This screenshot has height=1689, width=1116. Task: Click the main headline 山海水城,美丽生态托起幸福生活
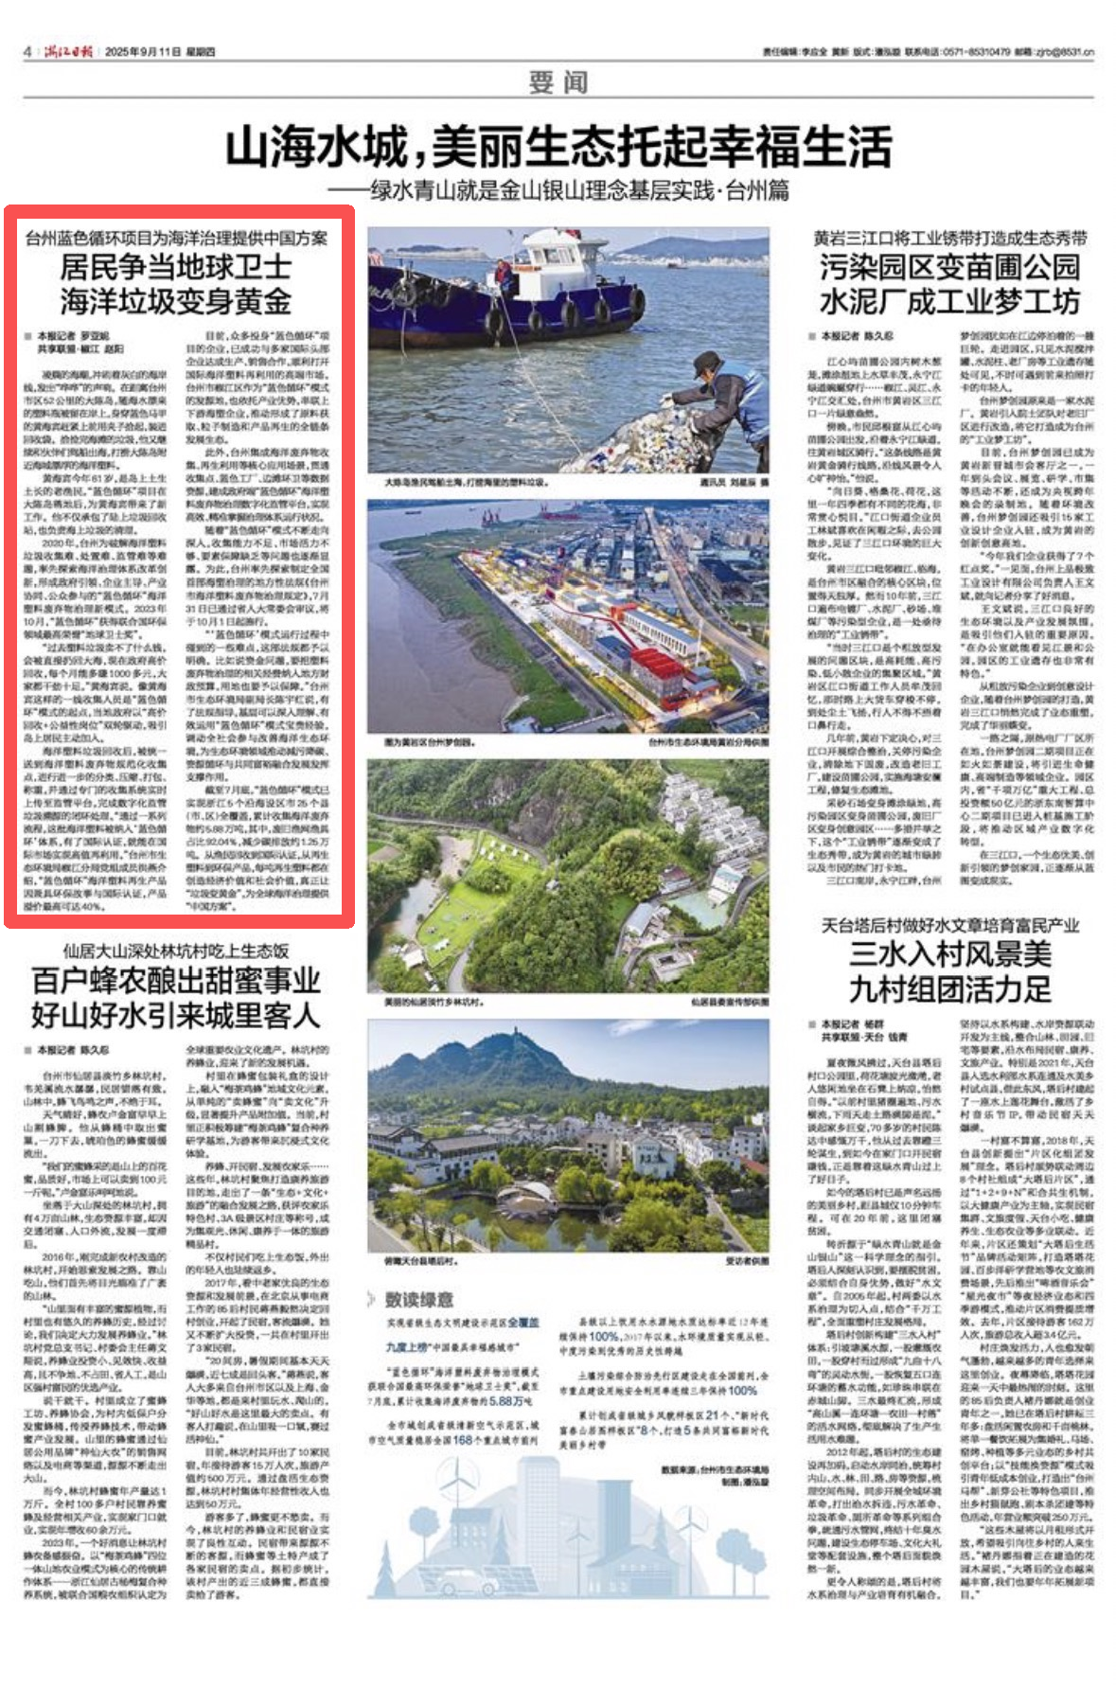pos(558,148)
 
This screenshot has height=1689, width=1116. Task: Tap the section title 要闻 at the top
pos(558,82)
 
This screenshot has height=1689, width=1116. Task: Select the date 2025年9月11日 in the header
pos(142,51)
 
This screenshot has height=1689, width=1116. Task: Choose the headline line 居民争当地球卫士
pos(176,267)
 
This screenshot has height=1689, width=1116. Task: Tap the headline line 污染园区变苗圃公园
pos(949,267)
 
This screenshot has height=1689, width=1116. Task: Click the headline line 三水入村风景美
pos(949,953)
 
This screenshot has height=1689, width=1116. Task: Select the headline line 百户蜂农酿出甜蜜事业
pos(176,980)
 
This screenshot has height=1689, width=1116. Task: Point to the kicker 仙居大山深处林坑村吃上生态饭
pos(176,951)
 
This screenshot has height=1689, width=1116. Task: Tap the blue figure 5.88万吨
pos(511,1400)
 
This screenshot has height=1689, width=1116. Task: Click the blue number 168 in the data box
pos(462,1440)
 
